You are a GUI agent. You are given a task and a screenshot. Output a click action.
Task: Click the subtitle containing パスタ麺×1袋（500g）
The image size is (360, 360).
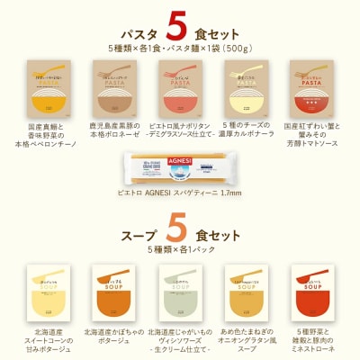tap(179, 47)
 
